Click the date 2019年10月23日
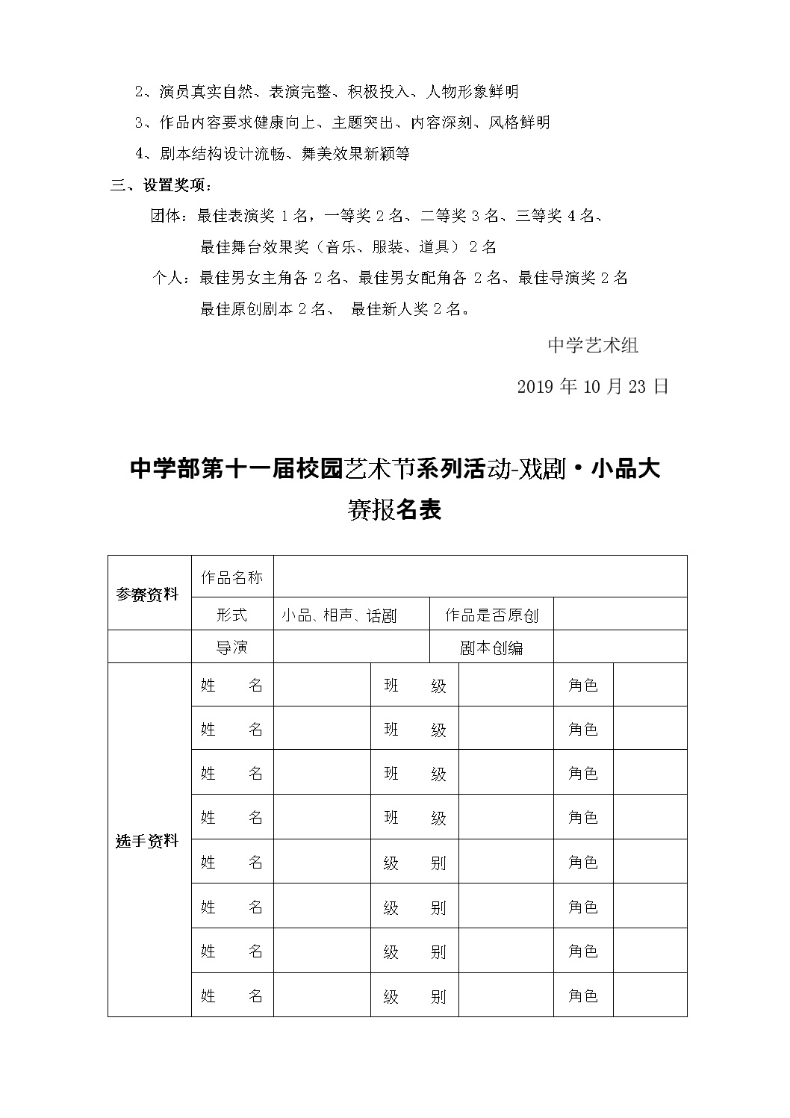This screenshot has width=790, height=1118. (x=592, y=386)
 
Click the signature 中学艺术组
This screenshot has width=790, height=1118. (x=593, y=345)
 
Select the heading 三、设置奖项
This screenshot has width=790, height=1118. (x=161, y=185)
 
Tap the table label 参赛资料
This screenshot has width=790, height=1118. (x=148, y=595)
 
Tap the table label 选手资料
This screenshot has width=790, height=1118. (x=148, y=840)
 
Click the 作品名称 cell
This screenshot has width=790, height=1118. (x=231, y=577)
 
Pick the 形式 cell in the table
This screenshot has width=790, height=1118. (x=231, y=615)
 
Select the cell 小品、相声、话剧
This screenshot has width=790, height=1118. (x=339, y=615)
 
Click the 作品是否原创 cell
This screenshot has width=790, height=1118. (x=491, y=615)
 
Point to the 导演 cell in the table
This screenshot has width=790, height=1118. (x=231, y=647)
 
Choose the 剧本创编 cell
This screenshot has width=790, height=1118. (x=491, y=647)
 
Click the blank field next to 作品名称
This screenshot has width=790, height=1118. (x=479, y=577)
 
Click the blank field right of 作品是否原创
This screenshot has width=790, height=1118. (x=620, y=614)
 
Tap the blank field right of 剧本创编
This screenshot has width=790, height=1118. (x=620, y=647)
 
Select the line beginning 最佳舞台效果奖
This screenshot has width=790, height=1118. (x=348, y=246)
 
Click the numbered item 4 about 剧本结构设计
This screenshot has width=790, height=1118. (x=273, y=154)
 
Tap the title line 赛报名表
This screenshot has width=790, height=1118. (x=395, y=509)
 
